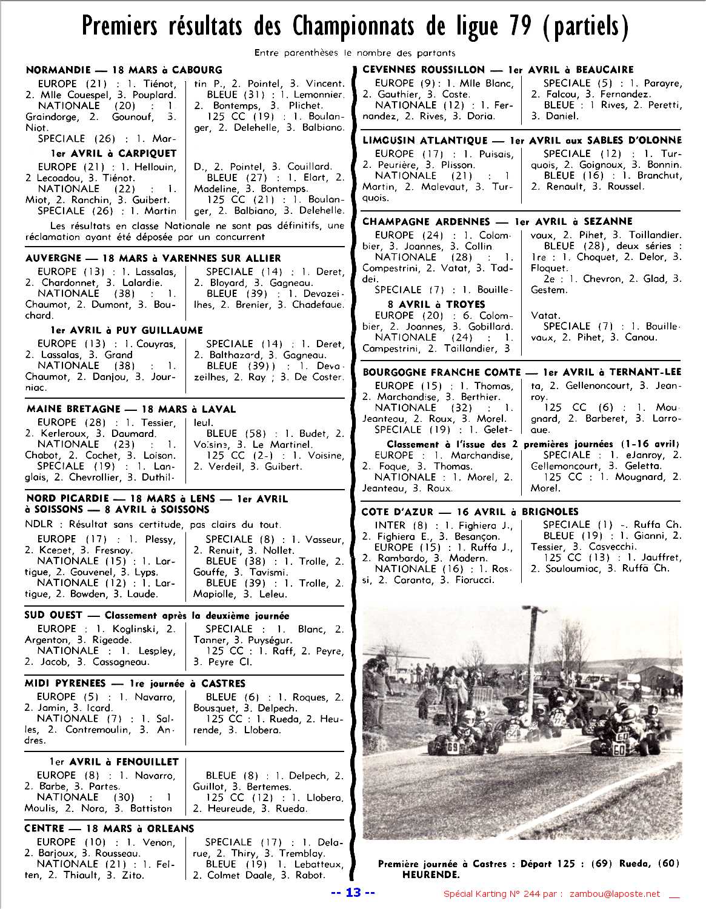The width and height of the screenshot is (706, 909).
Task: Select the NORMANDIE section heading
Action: tap(58, 70)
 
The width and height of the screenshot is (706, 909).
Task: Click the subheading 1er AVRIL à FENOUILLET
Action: tap(114, 762)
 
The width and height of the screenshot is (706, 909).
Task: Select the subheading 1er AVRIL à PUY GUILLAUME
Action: tap(126, 330)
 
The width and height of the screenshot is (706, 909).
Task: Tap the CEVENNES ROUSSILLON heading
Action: tap(424, 70)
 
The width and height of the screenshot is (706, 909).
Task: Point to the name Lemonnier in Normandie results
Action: tap(317, 95)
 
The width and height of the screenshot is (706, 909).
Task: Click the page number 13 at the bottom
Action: tap(353, 892)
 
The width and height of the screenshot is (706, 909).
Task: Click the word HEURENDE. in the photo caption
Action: tap(431, 874)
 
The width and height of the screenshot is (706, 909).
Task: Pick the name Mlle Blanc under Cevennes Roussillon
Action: tap(487, 84)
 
